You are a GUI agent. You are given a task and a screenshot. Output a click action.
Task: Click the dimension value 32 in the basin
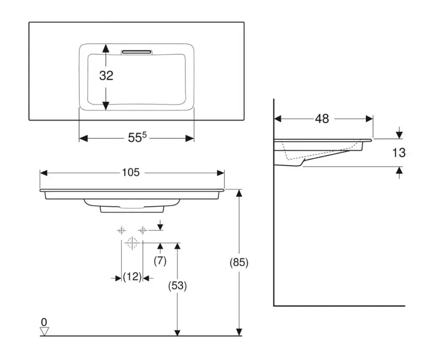click(x=106, y=75)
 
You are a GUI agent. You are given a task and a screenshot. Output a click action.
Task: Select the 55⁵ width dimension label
click(x=137, y=138)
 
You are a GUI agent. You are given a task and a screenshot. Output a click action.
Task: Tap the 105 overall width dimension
click(x=132, y=172)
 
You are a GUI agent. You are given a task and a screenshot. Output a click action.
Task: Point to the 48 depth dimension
click(x=322, y=119)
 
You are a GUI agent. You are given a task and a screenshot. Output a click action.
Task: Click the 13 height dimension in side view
click(x=399, y=153)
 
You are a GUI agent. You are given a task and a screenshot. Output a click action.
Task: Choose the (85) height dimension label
click(x=239, y=263)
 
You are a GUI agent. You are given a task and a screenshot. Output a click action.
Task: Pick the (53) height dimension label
click(x=178, y=285)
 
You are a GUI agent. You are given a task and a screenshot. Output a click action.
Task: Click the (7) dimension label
click(x=160, y=261)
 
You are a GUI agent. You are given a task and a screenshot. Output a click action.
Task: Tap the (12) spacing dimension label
click(x=132, y=277)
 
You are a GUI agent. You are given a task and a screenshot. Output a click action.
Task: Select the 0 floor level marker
click(x=43, y=322)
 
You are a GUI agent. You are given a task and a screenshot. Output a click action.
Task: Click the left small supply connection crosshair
click(x=121, y=230)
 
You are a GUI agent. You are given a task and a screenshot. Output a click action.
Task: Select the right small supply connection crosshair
click(x=143, y=230)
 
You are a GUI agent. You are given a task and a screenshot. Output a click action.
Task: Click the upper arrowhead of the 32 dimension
click(x=106, y=50)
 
